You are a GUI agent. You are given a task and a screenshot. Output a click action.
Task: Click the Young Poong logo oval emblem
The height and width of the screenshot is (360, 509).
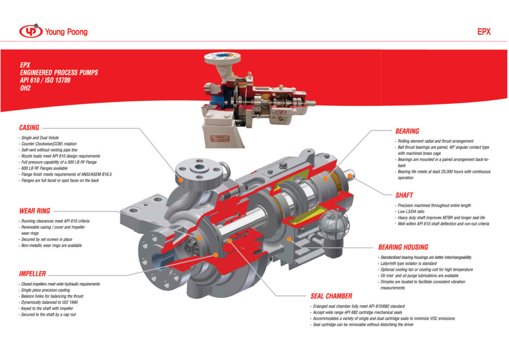coord(31,32)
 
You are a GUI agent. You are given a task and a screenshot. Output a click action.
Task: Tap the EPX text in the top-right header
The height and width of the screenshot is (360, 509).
coord(484,31)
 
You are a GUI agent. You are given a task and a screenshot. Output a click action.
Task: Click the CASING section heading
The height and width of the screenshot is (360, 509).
coord(29,128)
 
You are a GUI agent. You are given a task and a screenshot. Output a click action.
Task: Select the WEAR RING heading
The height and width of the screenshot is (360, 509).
coord(34,211)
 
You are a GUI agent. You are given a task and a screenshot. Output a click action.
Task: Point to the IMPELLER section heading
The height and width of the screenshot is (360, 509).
coord(32,274)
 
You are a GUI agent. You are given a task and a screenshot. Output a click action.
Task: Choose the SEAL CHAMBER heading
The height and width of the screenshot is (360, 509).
coord(331,296)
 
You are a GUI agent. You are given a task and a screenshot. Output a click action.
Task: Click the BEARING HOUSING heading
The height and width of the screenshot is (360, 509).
coord(403,247)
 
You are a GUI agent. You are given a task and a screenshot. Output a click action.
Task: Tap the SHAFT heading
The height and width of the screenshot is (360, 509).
coord(404,195)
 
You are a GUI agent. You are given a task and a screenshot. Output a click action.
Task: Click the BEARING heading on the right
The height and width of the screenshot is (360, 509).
coord(407,131)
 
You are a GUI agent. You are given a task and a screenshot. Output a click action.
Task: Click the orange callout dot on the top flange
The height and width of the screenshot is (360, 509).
coord(182,178)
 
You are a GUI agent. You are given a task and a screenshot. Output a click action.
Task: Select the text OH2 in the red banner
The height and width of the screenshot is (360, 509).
coord(26,88)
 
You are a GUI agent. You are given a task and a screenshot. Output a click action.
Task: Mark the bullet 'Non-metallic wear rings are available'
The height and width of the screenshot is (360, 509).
coord(51,246)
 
